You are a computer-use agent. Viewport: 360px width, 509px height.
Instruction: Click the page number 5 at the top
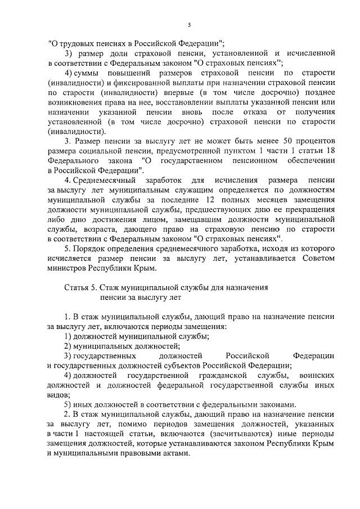(x=190, y=25)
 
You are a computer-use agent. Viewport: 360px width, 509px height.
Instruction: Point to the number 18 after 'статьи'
(x=331, y=150)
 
